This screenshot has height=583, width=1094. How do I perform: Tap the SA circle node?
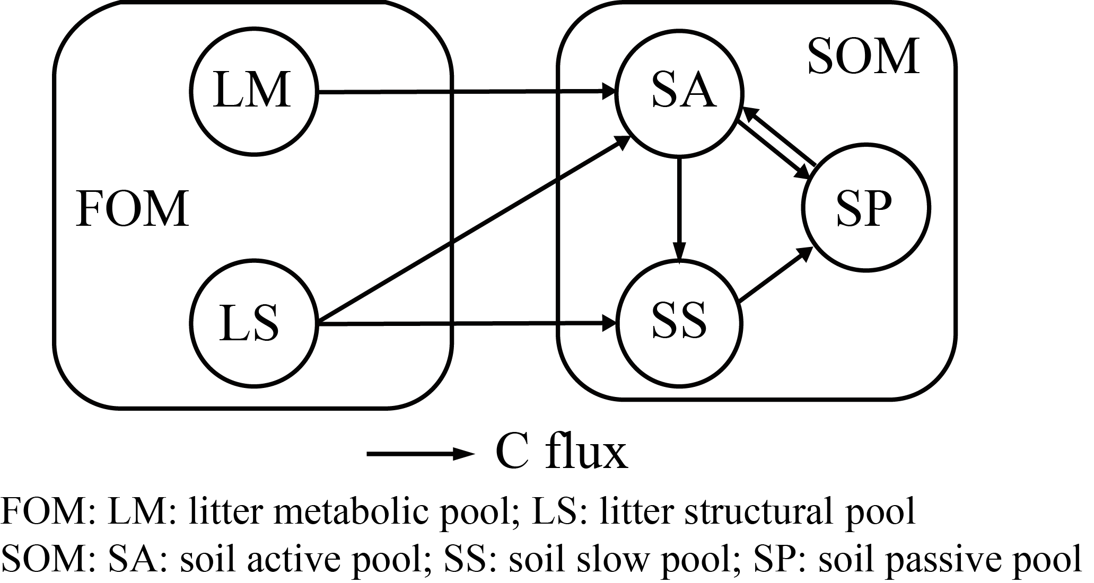pos(679,92)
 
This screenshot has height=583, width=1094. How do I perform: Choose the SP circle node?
pos(866,207)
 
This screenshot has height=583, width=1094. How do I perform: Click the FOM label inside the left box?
pos(133,209)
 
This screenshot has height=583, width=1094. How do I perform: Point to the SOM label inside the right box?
pos(863,56)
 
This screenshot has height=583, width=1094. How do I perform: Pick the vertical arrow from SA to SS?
pos(679,207)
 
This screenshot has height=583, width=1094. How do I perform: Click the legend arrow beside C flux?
pos(419,454)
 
